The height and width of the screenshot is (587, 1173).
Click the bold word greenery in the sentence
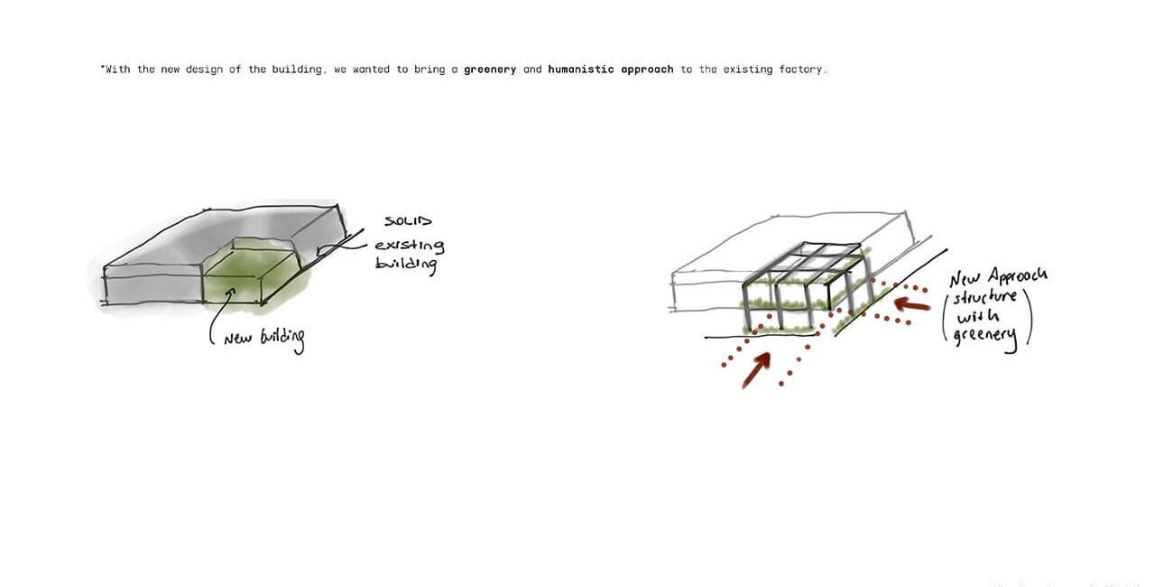point(490,70)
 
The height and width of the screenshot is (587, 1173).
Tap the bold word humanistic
point(581,70)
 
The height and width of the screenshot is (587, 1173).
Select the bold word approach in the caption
point(647,70)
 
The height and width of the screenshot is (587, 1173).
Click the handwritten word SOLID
point(409,220)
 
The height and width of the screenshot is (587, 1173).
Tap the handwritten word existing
point(410,246)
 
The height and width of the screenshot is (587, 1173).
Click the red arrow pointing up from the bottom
point(756,370)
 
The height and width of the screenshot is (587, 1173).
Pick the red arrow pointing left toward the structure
point(911,304)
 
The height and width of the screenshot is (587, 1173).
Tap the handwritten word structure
point(984,297)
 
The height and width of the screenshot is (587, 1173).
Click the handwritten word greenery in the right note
point(985,337)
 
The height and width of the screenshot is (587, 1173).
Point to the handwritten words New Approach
point(999,276)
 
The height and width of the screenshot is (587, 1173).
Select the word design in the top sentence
point(204,70)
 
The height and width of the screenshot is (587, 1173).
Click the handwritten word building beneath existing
point(406,264)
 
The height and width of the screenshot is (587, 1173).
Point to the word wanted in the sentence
point(371,70)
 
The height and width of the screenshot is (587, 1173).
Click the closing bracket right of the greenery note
point(1029,317)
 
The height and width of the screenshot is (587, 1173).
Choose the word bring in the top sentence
point(429,70)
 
